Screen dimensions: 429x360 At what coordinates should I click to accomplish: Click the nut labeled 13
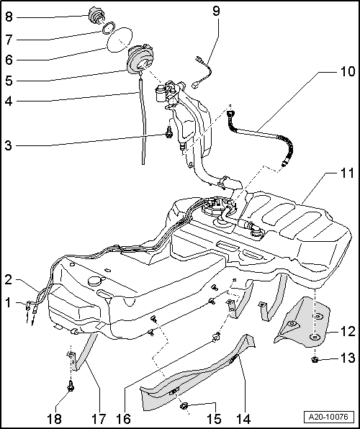pyautogui.click(x=316, y=358)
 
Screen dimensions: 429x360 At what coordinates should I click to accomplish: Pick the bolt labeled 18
pyautogui.click(x=71, y=388)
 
